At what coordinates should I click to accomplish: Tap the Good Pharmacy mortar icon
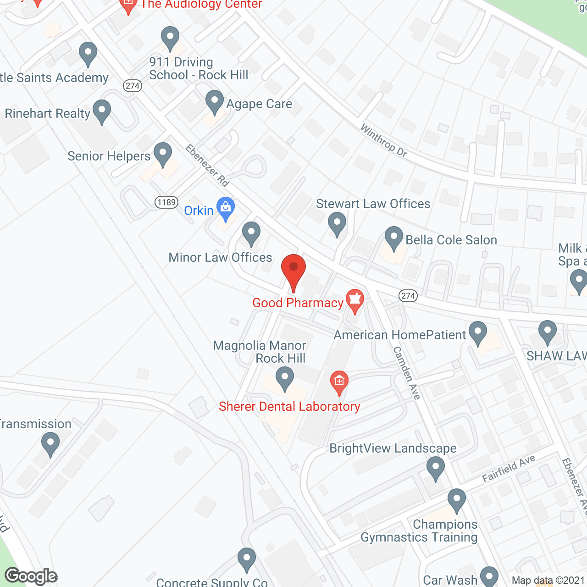[x=354, y=300]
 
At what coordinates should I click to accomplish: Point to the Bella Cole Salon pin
[x=393, y=238]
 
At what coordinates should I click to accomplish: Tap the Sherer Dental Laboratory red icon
[x=339, y=382]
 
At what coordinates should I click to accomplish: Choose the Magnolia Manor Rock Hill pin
[x=285, y=379]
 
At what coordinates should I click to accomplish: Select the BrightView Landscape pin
[x=435, y=468]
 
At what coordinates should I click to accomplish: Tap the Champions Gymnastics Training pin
[x=456, y=499]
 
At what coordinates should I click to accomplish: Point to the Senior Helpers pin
[x=162, y=154]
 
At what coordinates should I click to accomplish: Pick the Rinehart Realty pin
[x=101, y=111]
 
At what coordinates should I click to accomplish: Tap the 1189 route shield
[x=166, y=202]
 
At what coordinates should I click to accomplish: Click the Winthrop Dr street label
[x=384, y=141]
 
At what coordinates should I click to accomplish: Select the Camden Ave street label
[x=407, y=372]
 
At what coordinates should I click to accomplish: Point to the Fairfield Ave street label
[x=509, y=469]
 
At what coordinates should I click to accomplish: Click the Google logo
[x=31, y=576]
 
